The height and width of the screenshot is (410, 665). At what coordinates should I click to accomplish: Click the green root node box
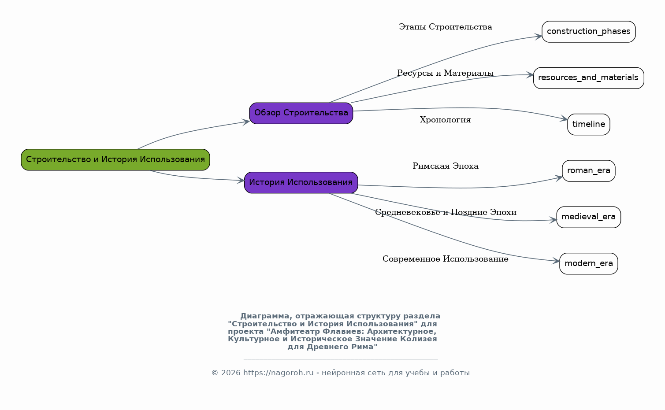[x=115, y=159]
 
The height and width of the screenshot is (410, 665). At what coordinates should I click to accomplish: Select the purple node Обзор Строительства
[x=301, y=113]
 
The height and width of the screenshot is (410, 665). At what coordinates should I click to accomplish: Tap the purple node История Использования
[x=301, y=182]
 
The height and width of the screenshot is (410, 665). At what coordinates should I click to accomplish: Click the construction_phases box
[x=588, y=31]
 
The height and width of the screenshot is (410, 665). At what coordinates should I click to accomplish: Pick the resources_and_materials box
[x=588, y=78]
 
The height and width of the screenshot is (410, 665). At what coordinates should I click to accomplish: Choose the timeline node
[x=588, y=124]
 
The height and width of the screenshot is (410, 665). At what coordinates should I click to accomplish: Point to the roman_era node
[x=588, y=170]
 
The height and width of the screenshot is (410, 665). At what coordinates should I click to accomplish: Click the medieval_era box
[x=588, y=217]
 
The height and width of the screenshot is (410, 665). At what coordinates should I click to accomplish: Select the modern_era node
[x=588, y=263]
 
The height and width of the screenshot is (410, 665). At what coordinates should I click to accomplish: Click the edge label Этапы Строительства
[x=445, y=27]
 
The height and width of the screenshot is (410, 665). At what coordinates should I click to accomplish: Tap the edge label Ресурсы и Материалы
[x=445, y=73]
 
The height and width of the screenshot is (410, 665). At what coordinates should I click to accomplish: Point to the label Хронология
[x=445, y=120]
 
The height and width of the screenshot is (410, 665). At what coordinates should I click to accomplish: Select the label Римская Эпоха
[x=445, y=166]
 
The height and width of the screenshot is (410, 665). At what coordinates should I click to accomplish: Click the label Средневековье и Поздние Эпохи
[x=445, y=212]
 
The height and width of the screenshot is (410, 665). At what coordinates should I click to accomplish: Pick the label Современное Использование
[x=445, y=259]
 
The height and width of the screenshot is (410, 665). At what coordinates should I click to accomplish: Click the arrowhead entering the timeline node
[x=564, y=118]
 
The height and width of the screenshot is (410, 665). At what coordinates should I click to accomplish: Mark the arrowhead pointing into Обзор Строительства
[x=245, y=122]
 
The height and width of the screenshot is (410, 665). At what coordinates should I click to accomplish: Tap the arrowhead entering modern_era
[x=555, y=261]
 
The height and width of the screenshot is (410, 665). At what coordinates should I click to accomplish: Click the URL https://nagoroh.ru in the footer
[x=278, y=373]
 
